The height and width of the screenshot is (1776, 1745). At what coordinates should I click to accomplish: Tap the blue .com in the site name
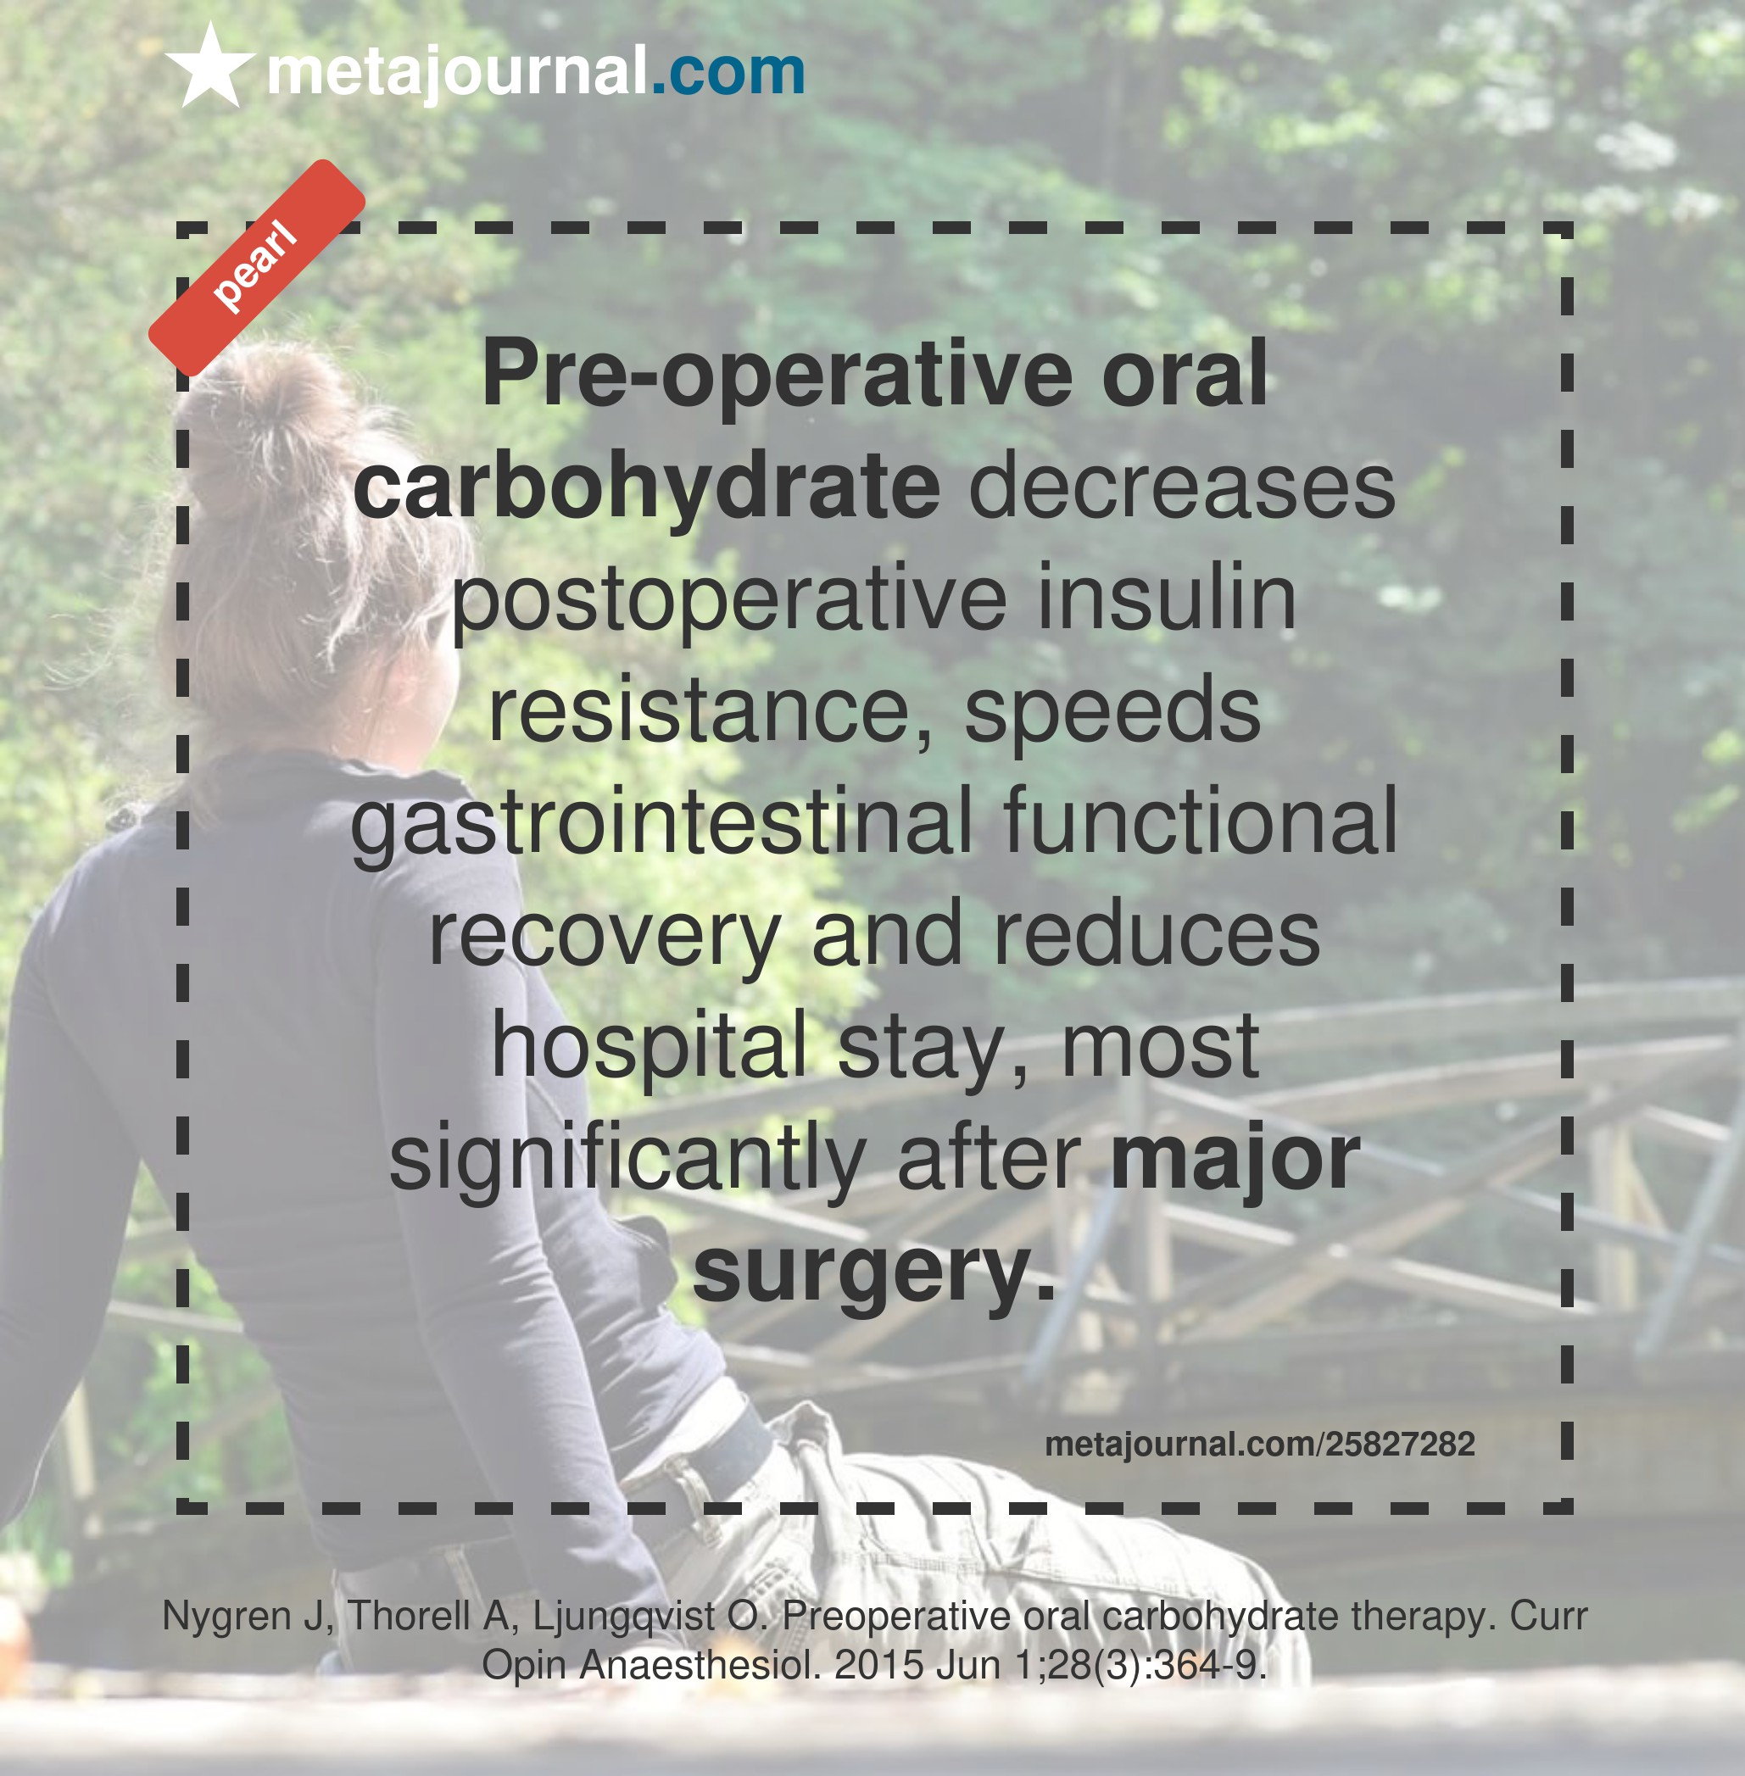(728, 71)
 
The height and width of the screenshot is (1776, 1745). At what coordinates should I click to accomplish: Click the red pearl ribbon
(258, 268)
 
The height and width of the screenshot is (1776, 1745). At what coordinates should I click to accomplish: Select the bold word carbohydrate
(646, 487)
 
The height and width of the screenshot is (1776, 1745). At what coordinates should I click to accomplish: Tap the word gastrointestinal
(661, 823)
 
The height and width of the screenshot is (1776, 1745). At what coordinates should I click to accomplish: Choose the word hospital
(649, 1047)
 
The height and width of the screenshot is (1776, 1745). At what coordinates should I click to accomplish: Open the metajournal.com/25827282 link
(1260, 1445)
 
